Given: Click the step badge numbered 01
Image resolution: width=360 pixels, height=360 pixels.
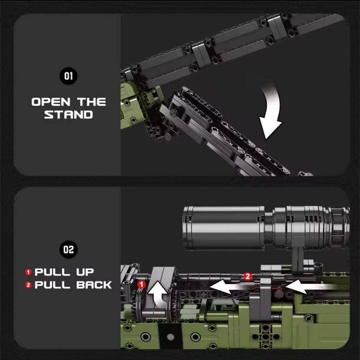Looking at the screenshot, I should pyautogui.click(x=68, y=76).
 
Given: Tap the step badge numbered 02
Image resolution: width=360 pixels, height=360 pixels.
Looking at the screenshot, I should pyautogui.click(x=68, y=249).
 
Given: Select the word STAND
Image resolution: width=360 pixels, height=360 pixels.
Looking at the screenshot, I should pyautogui.click(x=68, y=115).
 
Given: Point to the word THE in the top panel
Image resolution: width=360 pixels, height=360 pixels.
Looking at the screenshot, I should pyautogui.click(x=91, y=102).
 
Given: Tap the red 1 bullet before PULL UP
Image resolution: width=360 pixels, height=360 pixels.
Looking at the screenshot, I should pyautogui.click(x=29, y=272).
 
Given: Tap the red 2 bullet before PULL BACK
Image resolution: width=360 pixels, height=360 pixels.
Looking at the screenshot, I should pyautogui.click(x=29, y=285).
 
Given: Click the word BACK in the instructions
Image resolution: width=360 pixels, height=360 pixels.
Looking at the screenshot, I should pyautogui.click(x=94, y=285).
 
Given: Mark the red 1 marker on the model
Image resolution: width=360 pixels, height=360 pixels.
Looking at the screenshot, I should pyautogui.click(x=141, y=284).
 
